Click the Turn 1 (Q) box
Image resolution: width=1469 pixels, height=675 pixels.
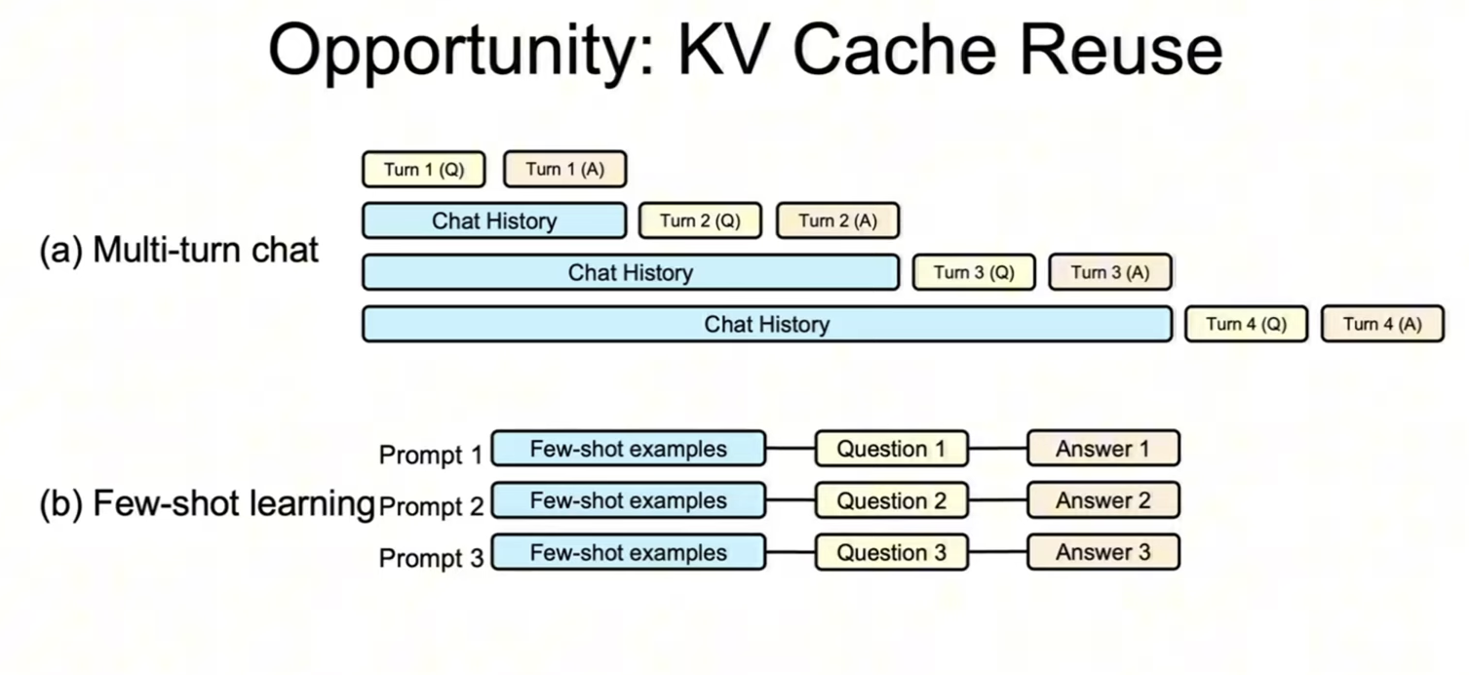[x=423, y=170]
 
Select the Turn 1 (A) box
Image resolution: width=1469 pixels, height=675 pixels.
[x=564, y=170]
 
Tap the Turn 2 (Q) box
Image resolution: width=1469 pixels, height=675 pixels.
[x=700, y=220]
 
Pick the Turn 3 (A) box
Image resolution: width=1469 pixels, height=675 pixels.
[x=1109, y=272]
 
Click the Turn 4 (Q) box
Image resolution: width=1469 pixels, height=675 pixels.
[x=1246, y=324]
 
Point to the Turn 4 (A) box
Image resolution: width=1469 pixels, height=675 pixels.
[x=1381, y=324]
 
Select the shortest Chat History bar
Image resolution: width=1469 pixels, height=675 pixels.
[x=493, y=220]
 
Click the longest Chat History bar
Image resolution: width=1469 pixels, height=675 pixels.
[x=766, y=324]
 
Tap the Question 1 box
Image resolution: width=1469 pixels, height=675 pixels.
[x=891, y=449]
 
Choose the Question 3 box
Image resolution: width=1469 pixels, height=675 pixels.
[x=891, y=552]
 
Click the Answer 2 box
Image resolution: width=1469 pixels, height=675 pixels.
[x=1102, y=500]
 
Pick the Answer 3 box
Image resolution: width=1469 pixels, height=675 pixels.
[x=1102, y=552]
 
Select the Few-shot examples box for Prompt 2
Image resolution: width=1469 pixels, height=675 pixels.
[x=628, y=500]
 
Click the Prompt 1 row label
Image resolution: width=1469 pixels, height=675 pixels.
[x=431, y=455]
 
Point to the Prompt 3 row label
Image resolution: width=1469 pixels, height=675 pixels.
[x=431, y=559]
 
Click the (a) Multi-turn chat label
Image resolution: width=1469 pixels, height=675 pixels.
[x=178, y=250]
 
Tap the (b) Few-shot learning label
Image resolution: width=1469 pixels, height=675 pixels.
[x=207, y=504]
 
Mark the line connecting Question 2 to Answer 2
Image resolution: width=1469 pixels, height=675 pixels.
[x=997, y=501]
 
